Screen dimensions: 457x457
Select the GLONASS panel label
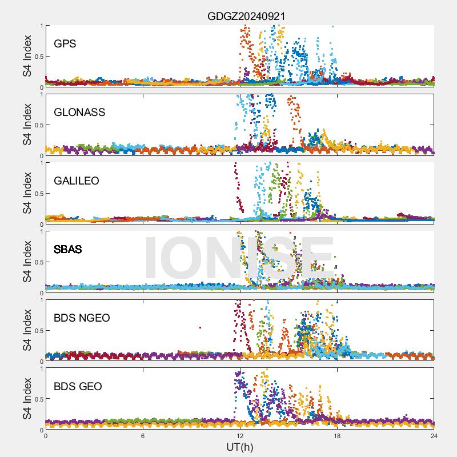79,112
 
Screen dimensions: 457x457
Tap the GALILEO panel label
77,181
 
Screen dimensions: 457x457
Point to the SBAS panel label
67,249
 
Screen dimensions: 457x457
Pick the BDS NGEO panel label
82,318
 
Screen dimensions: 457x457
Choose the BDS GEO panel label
78,387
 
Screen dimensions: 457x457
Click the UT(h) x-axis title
239,446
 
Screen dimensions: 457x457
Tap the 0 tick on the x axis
46,435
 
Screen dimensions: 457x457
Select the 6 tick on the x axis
143,435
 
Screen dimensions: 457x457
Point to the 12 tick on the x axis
240,435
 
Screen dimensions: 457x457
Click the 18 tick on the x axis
337,435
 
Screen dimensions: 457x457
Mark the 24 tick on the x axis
434,435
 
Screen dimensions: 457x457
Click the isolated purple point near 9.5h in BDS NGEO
200,327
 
